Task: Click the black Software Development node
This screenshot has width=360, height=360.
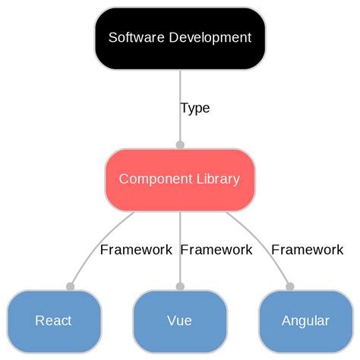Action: pyautogui.click(x=180, y=37)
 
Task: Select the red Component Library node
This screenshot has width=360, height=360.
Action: pyautogui.click(x=180, y=179)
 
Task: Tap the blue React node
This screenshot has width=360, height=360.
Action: pyautogui.click(x=54, y=321)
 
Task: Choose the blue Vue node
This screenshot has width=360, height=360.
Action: pyautogui.click(x=180, y=321)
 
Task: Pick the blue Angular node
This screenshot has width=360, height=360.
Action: pyautogui.click(x=305, y=321)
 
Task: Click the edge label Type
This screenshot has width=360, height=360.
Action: pyautogui.click(x=195, y=108)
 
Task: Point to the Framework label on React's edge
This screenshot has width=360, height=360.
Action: pyautogui.click(x=136, y=249)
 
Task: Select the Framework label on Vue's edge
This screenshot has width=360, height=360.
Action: pyautogui.click(x=216, y=249)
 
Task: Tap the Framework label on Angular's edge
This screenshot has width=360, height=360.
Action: pyautogui.click(x=307, y=249)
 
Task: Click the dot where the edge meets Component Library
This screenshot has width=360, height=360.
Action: pyautogui.click(x=180, y=144)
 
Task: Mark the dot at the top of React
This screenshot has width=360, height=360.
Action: pyautogui.click(x=70, y=286)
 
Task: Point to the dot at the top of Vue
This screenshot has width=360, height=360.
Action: pyautogui.click(x=180, y=286)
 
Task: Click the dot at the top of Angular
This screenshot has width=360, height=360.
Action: pyautogui.click(x=289, y=286)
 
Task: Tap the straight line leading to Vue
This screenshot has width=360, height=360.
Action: pyautogui.click(x=180, y=266)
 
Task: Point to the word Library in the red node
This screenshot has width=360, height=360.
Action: pyautogui.click(x=216, y=179)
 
